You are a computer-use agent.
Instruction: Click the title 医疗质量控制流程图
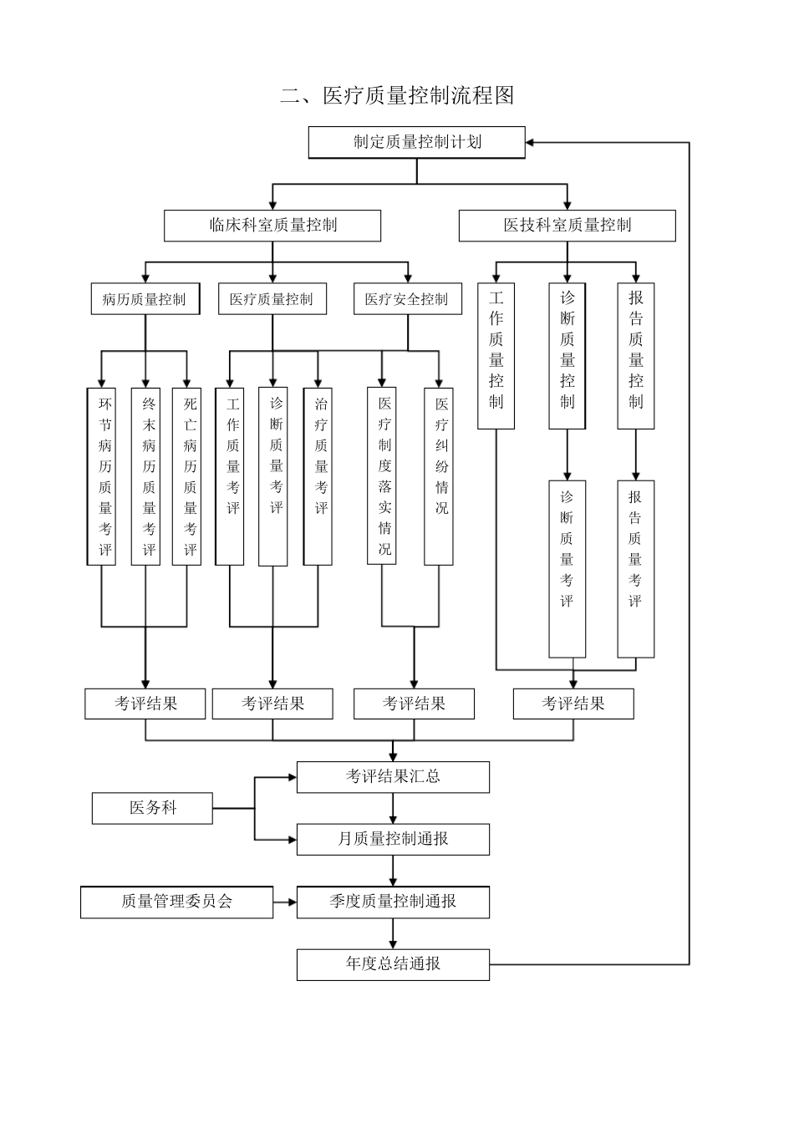coord(397,95)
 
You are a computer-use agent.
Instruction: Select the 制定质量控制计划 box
coord(416,142)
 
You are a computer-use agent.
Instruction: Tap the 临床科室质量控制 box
coord(272,226)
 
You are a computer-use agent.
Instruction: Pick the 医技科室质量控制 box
coord(567,226)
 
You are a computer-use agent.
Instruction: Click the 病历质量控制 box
coord(145,299)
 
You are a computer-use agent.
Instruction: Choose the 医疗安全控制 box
coord(407,299)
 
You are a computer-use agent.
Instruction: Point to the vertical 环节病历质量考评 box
coord(102,475)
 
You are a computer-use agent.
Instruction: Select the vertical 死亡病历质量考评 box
coord(187,475)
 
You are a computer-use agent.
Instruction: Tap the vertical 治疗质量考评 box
coord(318,475)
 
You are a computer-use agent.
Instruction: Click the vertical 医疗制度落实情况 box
coord(382,475)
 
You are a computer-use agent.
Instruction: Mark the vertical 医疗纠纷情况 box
coord(439,475)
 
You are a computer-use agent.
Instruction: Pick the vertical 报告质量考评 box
coord(635,568)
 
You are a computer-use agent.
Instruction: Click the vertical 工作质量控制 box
coord(496,356)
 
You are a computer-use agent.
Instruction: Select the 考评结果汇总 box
coord(393,776)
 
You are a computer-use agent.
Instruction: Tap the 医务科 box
coord(152,808)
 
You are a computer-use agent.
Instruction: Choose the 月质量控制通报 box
coord(393,839)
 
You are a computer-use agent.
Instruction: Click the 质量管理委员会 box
coord(176,902)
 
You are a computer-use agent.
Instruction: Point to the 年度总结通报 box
coord(393,964)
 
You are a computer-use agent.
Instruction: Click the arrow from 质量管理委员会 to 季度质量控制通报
coord(284,902)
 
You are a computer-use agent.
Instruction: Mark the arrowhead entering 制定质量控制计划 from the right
coord(532,143)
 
